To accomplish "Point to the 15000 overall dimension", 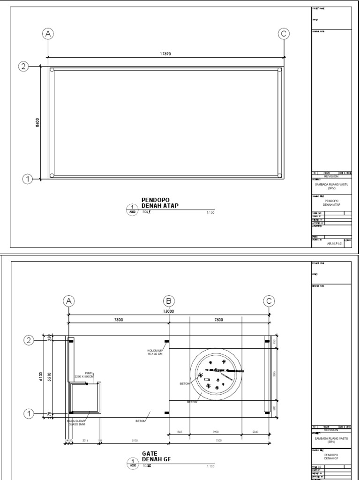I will [169, 311].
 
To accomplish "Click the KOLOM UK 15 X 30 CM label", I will [154, 352].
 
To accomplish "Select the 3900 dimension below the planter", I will [215, 432].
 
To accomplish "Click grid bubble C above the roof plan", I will [283, 34].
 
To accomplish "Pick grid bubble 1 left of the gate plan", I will [29, 413].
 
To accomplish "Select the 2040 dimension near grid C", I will [255, 432].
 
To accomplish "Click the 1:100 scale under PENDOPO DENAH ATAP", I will [210, 212].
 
